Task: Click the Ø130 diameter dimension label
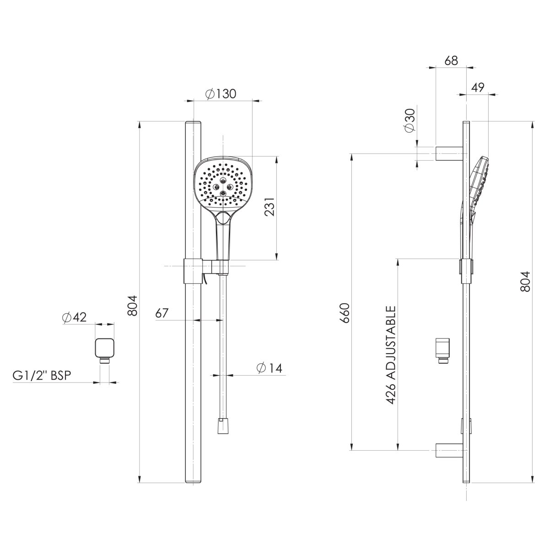221,94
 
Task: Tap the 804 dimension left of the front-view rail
132,306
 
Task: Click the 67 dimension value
162,313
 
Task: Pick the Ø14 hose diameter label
269,367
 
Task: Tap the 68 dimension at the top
451,61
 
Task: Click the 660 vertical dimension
345,313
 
